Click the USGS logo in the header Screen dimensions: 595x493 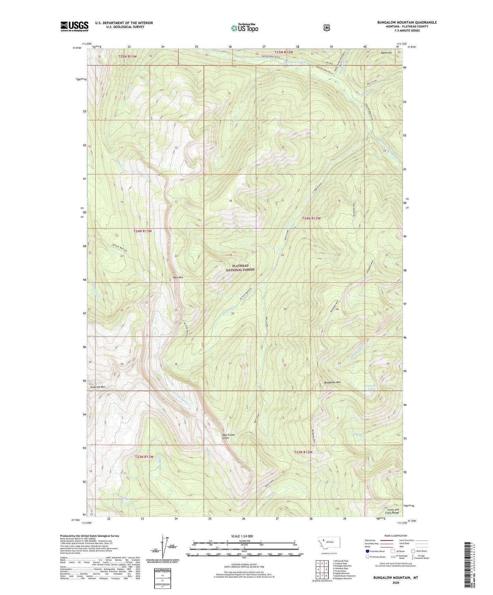[x=74, y=26]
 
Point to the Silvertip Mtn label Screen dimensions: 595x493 [x=98, y=387]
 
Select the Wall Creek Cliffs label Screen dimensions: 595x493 [x=228, y=436]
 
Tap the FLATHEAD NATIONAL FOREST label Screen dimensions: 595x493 [x=240, y=268]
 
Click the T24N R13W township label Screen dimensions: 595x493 [x=142, y=231]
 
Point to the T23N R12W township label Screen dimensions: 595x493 [x=303, y=452]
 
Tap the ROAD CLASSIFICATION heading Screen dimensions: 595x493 [x=396, y=536]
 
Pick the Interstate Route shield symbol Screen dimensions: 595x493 [x=367, y=551]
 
